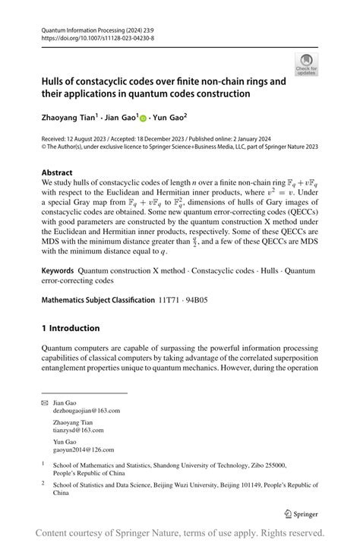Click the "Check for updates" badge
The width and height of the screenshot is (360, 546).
coord(306,65)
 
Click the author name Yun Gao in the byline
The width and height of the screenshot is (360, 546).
coord(169,118)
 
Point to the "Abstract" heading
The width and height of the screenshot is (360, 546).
coord(57,172)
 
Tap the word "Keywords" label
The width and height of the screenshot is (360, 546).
coord(62,270)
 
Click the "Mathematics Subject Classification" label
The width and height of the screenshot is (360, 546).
coord(98,300)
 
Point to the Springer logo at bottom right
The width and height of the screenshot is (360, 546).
coord(301,513)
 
